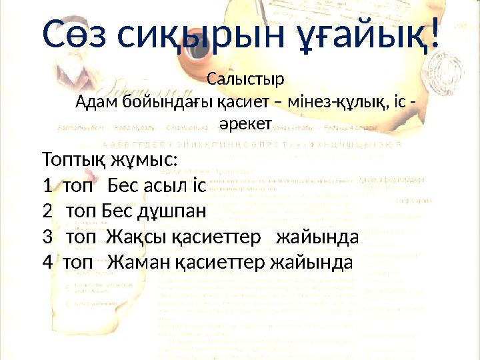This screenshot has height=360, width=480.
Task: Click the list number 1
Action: pyautogui.click(x=45, y=187)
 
